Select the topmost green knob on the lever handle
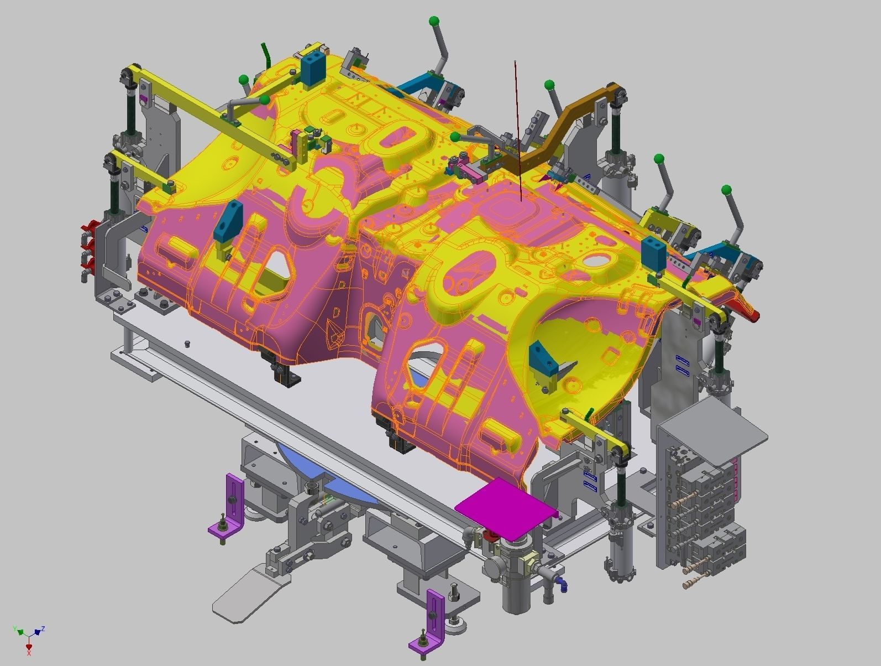(434, 22)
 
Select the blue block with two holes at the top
(313, 67)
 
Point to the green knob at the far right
(727, 191)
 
